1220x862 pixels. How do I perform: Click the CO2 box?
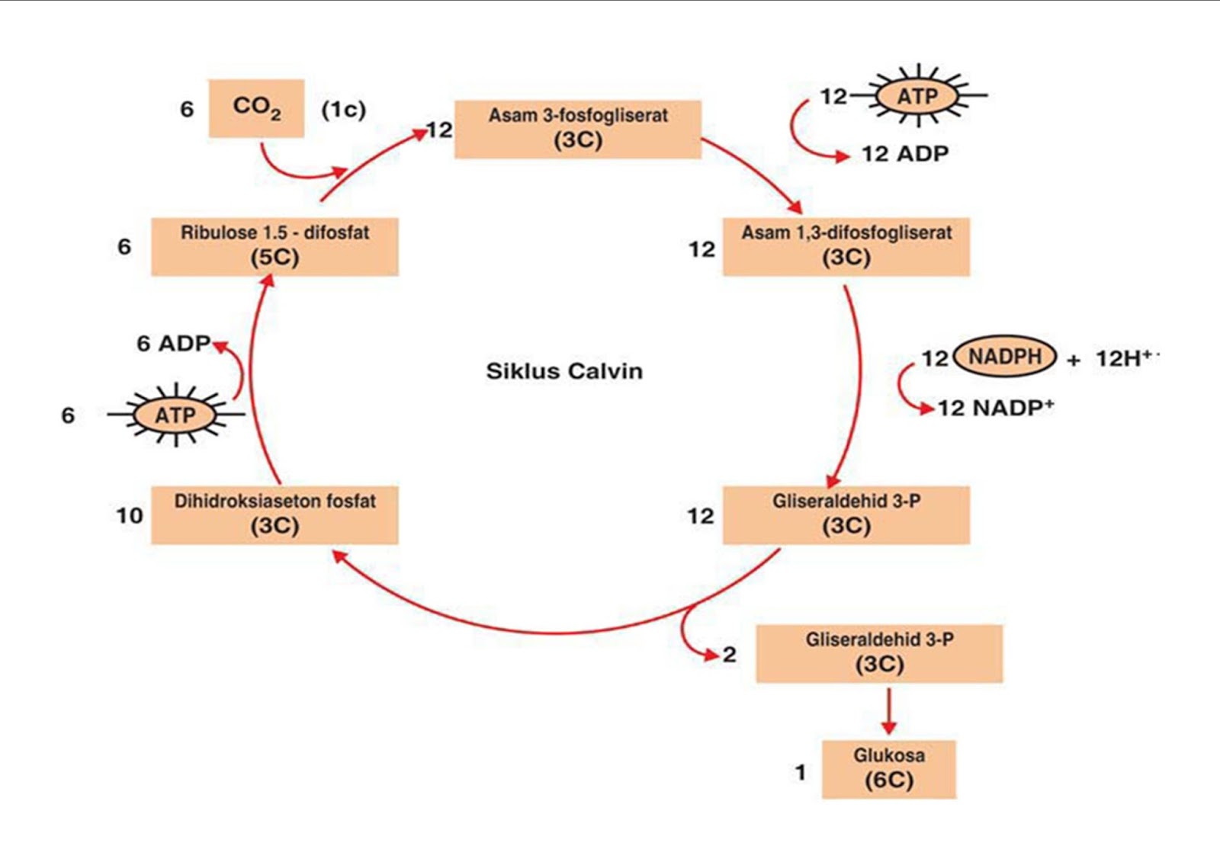[256, 108]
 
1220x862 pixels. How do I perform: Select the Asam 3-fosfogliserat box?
[578, 129]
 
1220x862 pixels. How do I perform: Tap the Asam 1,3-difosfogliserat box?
[846, 246]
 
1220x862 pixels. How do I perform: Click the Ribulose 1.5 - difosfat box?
[274, 246]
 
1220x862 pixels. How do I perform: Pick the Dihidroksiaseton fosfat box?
[274, 514]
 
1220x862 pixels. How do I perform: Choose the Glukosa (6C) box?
[888, 768]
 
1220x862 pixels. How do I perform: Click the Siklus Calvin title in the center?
[564, 371]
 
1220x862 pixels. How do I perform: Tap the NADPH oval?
[1005, 356]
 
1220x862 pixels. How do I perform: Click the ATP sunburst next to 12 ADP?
[917, 96]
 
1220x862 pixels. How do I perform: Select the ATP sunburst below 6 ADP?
[175, 415]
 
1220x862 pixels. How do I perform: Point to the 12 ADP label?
[905, 154]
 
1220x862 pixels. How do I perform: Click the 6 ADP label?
[173, 344]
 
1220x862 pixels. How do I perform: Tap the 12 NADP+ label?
[995, 408]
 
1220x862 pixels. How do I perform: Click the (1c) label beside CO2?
[343, 110]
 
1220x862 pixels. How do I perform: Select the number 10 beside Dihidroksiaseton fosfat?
[130, 516]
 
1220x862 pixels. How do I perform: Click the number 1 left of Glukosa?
[800, 772]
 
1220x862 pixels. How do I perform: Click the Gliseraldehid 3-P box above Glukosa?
[879, 653]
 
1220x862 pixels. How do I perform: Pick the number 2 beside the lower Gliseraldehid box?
[730, 654]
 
